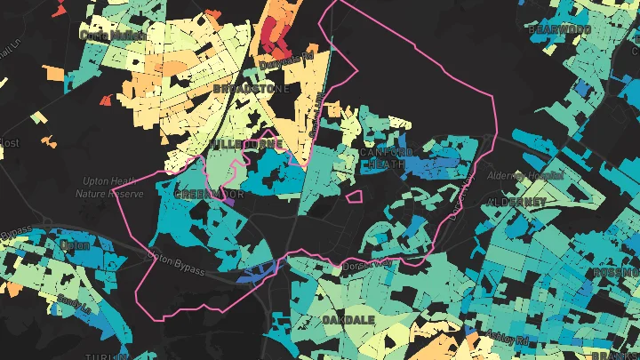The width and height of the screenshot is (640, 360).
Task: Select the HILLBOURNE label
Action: tap(249, 143)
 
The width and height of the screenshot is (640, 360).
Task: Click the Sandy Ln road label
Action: tap(75, 302)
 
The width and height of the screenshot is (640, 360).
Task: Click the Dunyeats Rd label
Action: tap(287, 63)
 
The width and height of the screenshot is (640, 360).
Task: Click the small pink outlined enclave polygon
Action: tap(354, 196)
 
